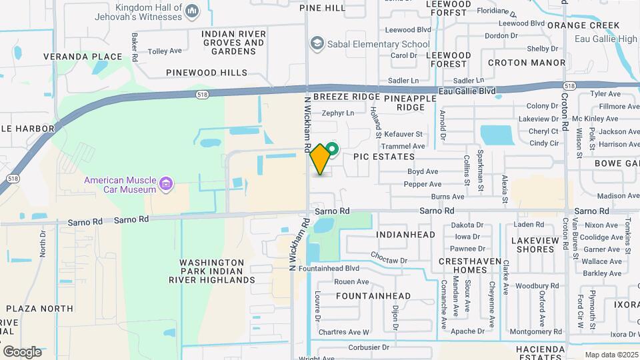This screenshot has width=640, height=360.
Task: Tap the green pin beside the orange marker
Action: pos(332,149)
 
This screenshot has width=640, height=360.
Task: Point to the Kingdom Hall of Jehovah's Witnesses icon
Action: pos(192,10)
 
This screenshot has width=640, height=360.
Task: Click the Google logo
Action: pos(22,351)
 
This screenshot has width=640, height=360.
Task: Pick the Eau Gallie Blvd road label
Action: pos(467,91)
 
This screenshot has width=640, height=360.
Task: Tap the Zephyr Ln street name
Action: pos(338,113)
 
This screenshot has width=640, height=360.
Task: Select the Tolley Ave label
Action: pos(165,51)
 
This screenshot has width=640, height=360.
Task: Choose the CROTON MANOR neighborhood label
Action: pos(526,63)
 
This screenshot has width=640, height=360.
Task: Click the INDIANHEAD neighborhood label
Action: pos(405,235)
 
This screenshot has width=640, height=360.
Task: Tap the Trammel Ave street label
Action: pos(409,146)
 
